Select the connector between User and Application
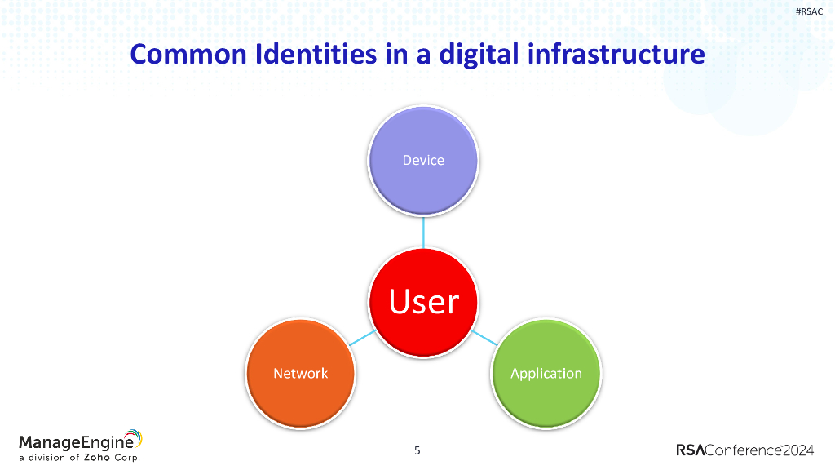point(484,338)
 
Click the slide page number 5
point(417,450)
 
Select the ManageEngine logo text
point(73,442)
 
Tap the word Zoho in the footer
point(97,458)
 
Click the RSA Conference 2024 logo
point(744,450)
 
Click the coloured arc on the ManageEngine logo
point(135,438)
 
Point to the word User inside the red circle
point(423,302)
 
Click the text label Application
point(546,374)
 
